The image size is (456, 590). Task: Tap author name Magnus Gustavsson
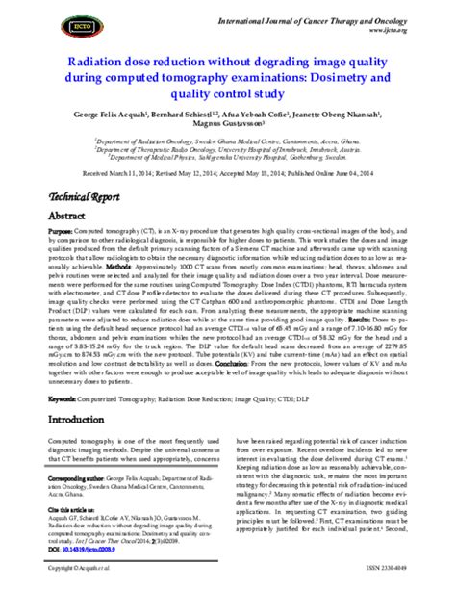[227, 124]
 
